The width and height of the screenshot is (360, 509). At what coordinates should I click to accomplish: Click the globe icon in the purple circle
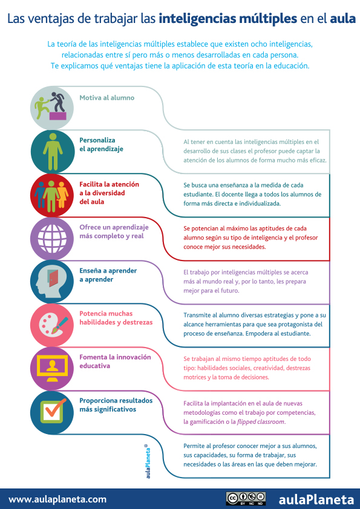[52, 239]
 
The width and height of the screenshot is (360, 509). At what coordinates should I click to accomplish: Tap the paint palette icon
[53, 325]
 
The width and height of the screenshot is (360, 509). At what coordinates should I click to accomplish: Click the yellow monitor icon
[52, 368]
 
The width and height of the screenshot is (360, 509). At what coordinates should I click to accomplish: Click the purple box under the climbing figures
[57, 116]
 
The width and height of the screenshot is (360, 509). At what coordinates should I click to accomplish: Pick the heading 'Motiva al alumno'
[107, 98]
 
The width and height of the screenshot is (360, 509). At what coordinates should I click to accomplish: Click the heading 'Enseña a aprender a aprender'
[108, 275]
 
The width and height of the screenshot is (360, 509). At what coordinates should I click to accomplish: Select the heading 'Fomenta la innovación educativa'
[116, 361]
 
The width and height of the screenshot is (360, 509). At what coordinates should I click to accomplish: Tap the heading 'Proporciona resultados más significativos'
[116, 405]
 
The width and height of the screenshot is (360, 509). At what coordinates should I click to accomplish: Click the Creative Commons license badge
[246, 499]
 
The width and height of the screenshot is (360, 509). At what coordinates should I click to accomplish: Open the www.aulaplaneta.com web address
[57, 499]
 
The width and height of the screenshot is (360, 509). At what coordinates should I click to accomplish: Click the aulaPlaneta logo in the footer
[316, 499]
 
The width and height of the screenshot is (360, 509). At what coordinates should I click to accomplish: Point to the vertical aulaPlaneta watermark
[148, 461]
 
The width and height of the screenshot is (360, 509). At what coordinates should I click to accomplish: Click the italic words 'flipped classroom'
[261, 422]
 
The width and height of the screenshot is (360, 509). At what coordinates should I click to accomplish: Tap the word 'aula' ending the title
[343, 19]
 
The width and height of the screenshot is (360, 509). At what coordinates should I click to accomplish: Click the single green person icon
[53, 152]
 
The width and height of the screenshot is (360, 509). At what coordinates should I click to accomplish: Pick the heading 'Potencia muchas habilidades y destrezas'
[116, 318]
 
